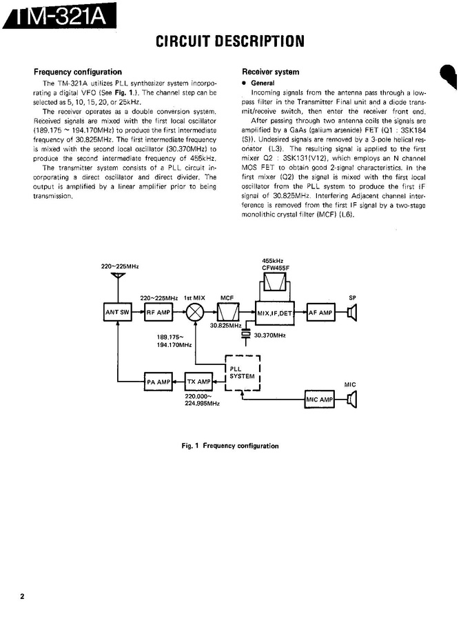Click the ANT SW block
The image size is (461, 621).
point(117,312)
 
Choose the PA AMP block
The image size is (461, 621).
point(158,382)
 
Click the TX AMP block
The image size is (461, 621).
point(198,382)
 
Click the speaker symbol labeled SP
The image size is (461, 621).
point(351,313)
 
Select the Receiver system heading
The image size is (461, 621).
point(271,72)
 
